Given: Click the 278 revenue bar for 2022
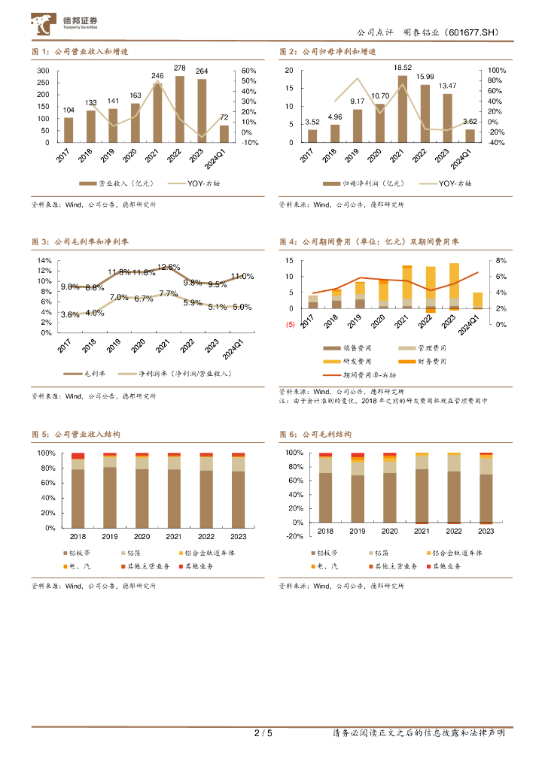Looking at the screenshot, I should click(x=180, y=109).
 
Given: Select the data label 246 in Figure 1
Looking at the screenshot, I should click(x=157, y=76).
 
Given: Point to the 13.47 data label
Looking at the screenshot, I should click(x=448, y=86).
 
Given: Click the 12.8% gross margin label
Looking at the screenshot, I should click(x=169, y=267).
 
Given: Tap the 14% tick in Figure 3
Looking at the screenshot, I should click(x=44, y=260).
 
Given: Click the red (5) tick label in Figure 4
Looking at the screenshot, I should click(x=289, y=324).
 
